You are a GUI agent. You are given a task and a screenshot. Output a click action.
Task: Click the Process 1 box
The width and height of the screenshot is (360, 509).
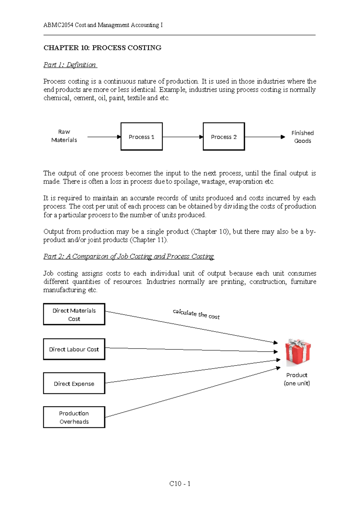pyautogui.click(x=142, y=137)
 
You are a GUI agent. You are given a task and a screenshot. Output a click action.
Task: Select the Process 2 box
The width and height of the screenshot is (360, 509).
pyautogui.click(x=224, y=137)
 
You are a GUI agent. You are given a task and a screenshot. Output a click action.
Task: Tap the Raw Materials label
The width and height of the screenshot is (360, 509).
pyautogui.click(x=64, y=136)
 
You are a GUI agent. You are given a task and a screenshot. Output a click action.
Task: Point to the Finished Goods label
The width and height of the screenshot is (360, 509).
pyautogui.click(x=302, y=137)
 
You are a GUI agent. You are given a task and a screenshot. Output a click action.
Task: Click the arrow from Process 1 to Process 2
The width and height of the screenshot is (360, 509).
pyautogui.click(x=183, y=137)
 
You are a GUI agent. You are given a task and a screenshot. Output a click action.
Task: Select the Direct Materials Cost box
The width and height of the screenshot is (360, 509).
pyautogui.click(x=74, y=314)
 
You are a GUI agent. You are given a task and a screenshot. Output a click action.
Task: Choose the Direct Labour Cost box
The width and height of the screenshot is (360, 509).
pyautogui.click(x=74, y=349)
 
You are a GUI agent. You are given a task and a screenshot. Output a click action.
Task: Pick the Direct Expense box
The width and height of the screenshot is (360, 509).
pyautogui.click(x=74, y=383)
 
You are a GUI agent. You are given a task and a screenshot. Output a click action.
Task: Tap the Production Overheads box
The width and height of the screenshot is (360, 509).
pyautogui.click(x=74, y=417)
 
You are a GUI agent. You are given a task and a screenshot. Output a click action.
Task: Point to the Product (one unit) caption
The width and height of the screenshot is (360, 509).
pyautogui.click(x=297, y=379)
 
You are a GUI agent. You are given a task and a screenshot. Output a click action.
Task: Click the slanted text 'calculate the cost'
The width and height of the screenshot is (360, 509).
pyautogui.click(x=196, y=314)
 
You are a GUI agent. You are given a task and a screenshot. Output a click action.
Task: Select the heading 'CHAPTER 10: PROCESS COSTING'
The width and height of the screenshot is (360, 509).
pyautogui.click(x=102, y=48)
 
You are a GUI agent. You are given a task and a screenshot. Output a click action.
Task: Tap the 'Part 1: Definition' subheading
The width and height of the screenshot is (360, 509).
pyautogui.click(x=70, y=65)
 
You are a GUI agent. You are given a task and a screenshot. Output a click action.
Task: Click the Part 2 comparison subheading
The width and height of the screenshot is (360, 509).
pyautogui.click(x=128, y=256)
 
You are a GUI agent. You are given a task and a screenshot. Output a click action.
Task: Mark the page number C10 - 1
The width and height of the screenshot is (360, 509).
pyautogui.click(x=180, y=483)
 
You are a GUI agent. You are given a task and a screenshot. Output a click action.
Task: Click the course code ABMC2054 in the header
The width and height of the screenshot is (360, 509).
pyautogui.click(x=58, y=25)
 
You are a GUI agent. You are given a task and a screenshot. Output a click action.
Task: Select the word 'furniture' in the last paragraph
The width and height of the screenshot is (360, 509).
pyautogui.click(x=303, y=282)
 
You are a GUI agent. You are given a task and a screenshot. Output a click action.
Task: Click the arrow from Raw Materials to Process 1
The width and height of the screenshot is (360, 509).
pyautogui.click(x=104, y=137)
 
